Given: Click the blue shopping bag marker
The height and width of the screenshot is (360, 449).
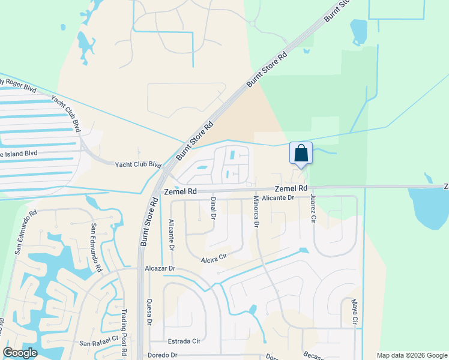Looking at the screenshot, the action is click(301, 154).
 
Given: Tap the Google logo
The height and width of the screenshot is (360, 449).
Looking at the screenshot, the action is click(20, 353).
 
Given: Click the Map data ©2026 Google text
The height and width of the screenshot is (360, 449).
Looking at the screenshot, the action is click(411, 355).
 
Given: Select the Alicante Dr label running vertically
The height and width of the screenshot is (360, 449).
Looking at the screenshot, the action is click(172, 235).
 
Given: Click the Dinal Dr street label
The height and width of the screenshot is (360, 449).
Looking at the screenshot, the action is click(213, 208).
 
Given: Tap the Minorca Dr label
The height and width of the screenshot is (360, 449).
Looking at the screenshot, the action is click(256, 211).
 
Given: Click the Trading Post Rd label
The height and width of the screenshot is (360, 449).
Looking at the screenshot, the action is click(124, 326).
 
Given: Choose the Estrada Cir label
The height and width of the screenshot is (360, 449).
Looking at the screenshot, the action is click(184, 340).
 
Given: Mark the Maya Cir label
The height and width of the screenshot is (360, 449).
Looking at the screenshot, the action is click(355, 311).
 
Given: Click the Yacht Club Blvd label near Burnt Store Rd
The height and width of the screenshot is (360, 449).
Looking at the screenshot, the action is click(139, 164).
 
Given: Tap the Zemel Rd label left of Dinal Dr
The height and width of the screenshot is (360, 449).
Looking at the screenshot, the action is click(181, 191).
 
